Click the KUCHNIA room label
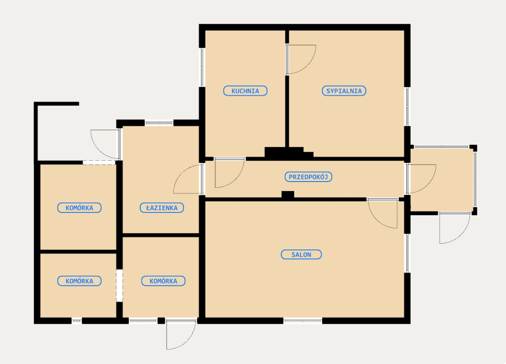coord(245,91)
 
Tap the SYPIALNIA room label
coord(344,91)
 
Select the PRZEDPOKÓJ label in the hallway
coord(308,177)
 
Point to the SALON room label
coord(301,254)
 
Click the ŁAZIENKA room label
coord(162,208)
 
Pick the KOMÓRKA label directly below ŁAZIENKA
coord(163,281)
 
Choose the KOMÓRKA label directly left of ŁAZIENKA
coord(79,208)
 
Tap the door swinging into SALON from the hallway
coord(383,214)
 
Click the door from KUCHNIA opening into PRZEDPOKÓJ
coord(230,173)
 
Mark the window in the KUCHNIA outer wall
coord(202,68)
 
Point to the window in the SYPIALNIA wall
coord(407,106)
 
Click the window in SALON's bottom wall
coord(303,321)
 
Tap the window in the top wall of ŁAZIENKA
coord(159,123)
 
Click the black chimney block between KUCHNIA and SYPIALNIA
coord(289,152)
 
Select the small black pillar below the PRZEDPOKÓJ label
coord(288,195)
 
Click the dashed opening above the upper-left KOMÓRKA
coord(99,163)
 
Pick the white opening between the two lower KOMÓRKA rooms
coord(120,286)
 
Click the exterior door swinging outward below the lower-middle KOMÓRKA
coord(181,334)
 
